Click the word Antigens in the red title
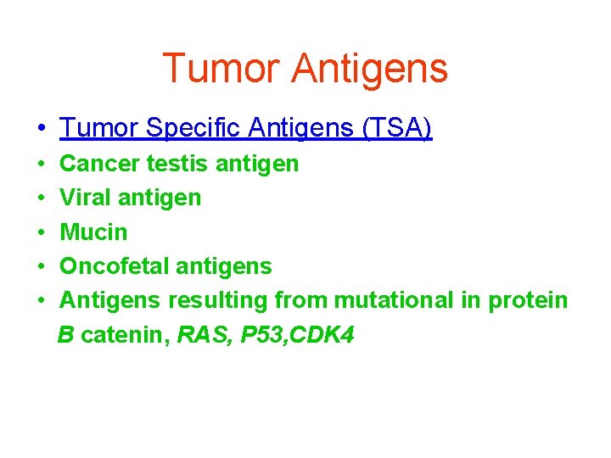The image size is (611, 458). tap(369, 69)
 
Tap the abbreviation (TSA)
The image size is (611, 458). tap(397, 129)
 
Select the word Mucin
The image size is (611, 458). tap(93, 232)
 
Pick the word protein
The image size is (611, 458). tap(530, 300)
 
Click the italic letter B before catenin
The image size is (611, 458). tap(66, 335)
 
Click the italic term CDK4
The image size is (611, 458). tap(323, 335)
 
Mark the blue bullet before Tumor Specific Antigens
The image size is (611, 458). tap(41, 130)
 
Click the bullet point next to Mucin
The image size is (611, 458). tap(41, 232)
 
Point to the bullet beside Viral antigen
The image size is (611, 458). tap(41, 198)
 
